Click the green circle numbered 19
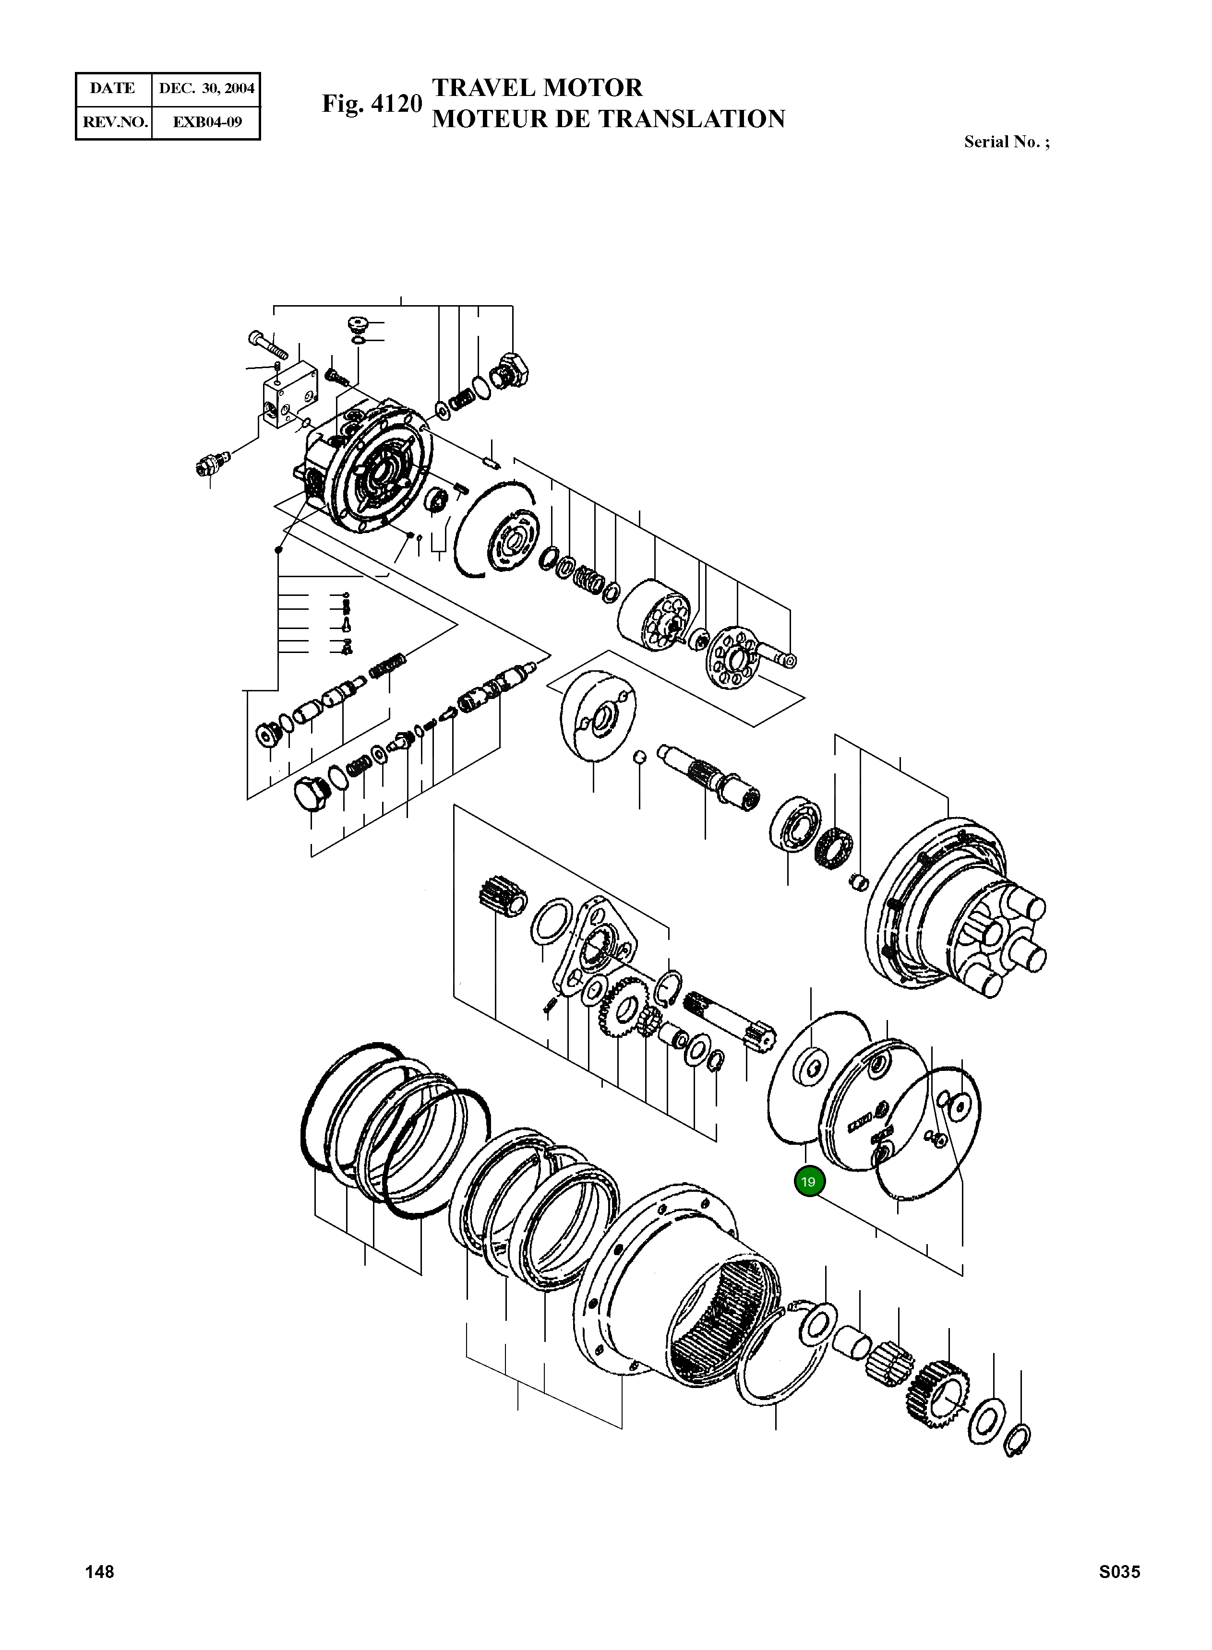808,1182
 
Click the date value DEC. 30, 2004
206,89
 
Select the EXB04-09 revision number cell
206,122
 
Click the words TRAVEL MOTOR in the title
537,88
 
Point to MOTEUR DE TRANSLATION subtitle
608,119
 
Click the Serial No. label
1006,142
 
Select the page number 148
100,1571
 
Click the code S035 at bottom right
1119,1571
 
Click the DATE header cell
112,89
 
